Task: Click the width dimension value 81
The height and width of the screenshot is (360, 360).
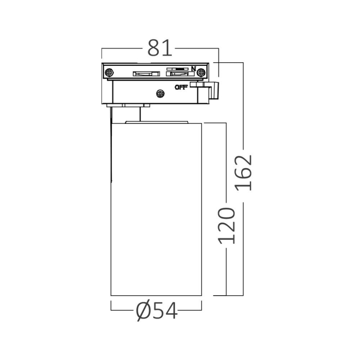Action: point(159,48)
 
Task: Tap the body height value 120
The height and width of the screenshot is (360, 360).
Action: point(227,226)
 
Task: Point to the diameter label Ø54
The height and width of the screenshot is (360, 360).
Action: point(156,310)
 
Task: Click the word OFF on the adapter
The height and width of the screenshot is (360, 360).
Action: point(181,86)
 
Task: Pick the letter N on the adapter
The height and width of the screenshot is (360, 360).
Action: point(194,68)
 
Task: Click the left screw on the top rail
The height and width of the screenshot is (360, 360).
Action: point(109,73)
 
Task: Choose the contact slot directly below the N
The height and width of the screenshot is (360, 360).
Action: point(178,74)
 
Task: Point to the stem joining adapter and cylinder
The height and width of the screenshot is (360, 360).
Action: point(134,114)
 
